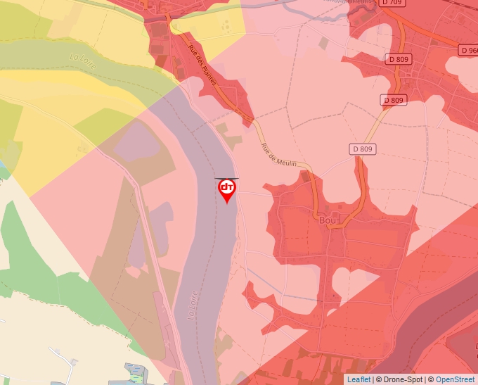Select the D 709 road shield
[x=393, y=3]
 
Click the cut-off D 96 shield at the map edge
[x=469, y=51]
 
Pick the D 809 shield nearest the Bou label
[x=362, y=149]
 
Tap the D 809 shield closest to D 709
[x=399, y=60]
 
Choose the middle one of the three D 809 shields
[x=394, y=100]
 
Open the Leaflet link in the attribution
[x=358, y=379]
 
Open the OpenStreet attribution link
[x=455, y=379]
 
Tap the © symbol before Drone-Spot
[x=380, y=379]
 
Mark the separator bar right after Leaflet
[x=373, y=379]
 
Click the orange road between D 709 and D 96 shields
[x=432, y=32]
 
